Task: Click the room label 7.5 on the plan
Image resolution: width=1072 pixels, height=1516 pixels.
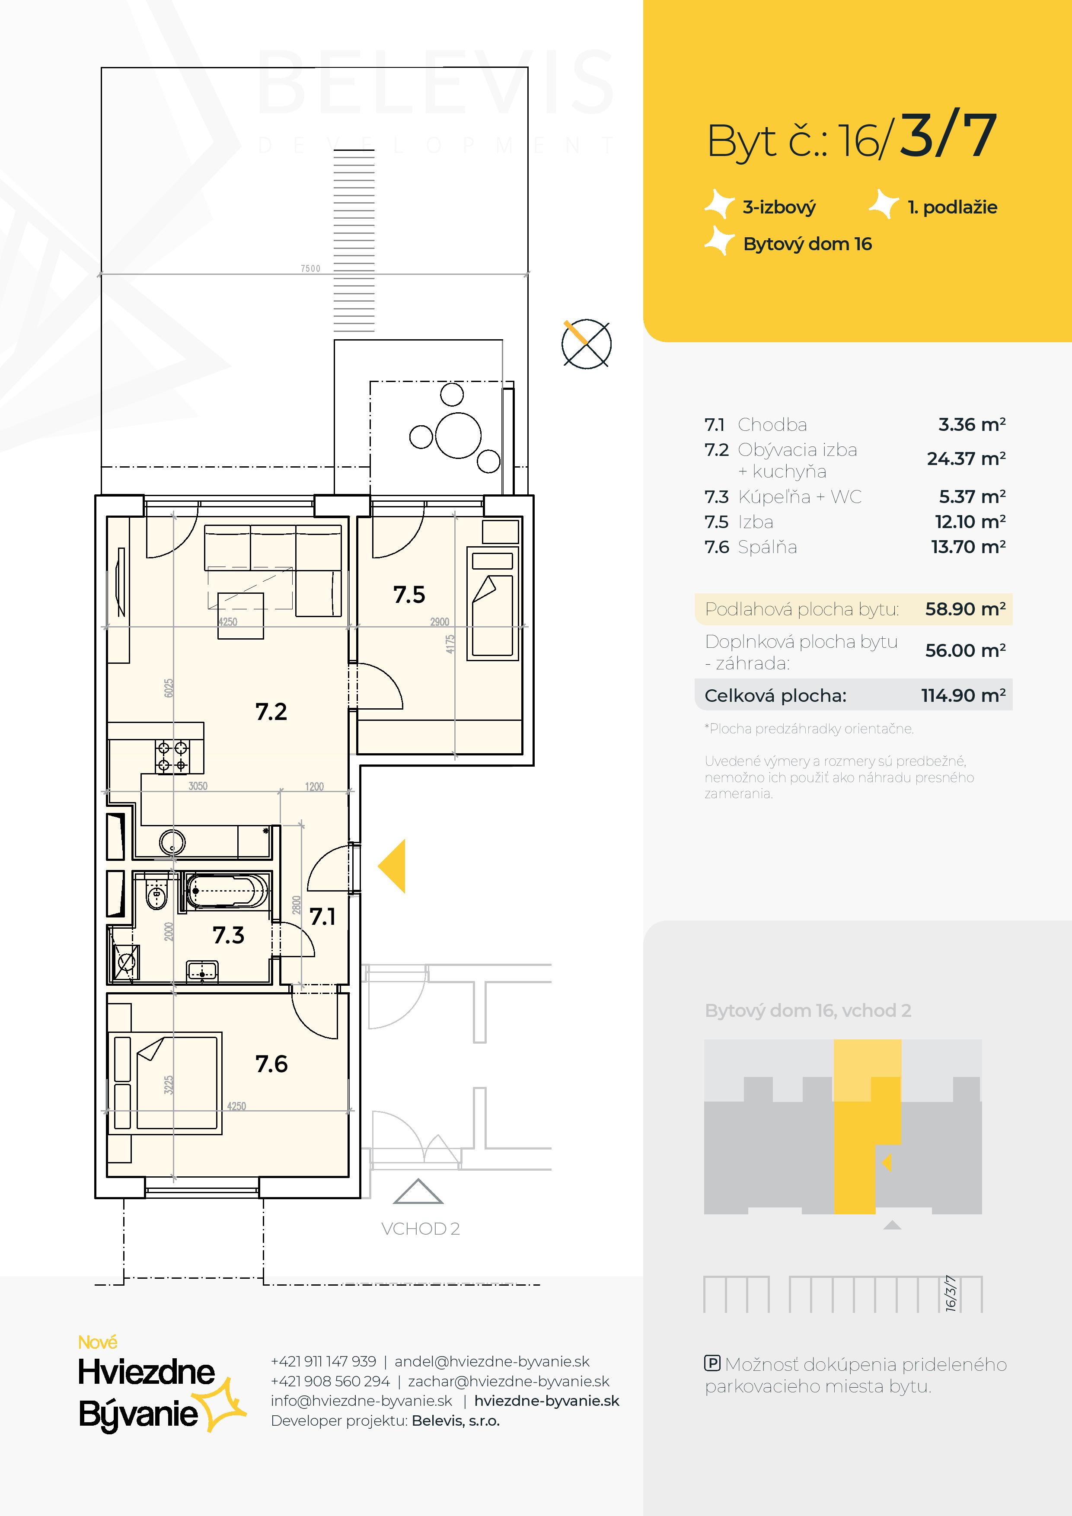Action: pos(409,595)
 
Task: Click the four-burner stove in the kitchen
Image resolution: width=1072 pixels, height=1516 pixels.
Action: pos(172,757)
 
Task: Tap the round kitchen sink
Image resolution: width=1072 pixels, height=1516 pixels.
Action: pos(172,842)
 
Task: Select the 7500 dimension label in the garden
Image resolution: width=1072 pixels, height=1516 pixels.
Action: pos(310,268)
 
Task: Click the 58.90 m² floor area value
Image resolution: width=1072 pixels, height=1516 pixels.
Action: pos(965,609)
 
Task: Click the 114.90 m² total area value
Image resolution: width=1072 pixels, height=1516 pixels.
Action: pos(964,695)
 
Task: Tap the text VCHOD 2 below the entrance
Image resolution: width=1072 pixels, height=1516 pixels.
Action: pos(420,1229)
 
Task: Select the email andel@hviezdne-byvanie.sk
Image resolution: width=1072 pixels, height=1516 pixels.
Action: pos(492,1361)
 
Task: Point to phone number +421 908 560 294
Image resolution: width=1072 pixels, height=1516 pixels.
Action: pos(330,1381)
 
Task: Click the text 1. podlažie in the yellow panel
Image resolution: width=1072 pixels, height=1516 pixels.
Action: pos(952,207)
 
